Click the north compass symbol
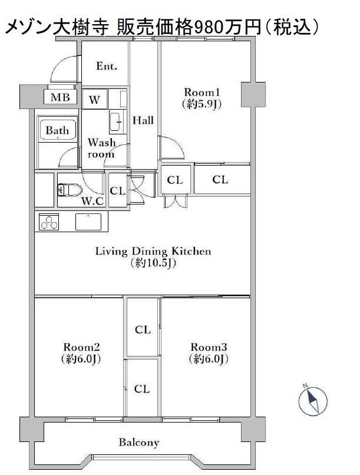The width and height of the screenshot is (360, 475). tap(313, 400)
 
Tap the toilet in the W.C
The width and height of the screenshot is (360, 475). tap(70, 190)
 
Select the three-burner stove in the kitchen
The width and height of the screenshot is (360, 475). tap(49, 222)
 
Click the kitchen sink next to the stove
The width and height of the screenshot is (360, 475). tap(88, 222)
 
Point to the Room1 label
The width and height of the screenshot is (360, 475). tap(202, 92)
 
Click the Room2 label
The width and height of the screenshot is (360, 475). tap(81, 347)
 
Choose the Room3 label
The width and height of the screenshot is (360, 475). tap(209, 347)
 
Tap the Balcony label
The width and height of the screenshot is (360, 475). tap(139, 443)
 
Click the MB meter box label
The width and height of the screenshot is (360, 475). tap(60, 97)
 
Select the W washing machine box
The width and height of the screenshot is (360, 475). tap(94, 100)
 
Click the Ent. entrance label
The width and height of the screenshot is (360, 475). tap(107, 66)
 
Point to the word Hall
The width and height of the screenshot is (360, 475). tap(143, 121)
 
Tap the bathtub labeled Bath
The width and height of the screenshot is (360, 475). tap(58, 130)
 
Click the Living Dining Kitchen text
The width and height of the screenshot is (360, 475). tap(153, 251)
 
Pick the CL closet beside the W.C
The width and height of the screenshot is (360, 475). tap(118, 190)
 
